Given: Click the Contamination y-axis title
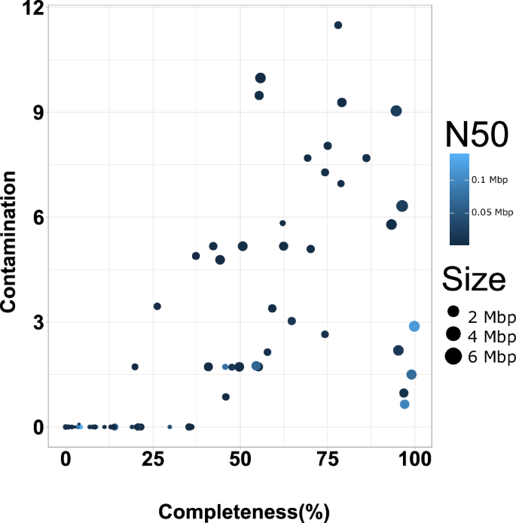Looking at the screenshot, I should point(10,242).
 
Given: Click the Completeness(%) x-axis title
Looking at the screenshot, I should point(244,512).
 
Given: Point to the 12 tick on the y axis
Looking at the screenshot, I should point(33,8).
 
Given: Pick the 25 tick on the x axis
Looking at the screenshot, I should point(153,458).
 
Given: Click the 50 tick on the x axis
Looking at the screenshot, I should point(240,458).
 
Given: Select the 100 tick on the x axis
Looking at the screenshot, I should point(415,458).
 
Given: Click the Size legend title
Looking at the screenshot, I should point(473,280).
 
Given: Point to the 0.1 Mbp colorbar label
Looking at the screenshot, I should point(489,180).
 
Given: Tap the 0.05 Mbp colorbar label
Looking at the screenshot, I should point(487,213).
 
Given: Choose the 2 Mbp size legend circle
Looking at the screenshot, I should point(453,312).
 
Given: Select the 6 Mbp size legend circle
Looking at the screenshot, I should point(453,357).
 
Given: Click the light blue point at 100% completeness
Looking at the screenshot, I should point(414,326).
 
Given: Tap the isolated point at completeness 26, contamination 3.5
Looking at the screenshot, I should point(157,306).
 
